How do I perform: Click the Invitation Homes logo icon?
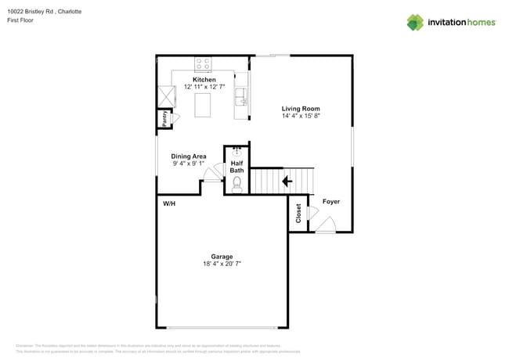pos(414,22)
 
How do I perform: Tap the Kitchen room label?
pos(204,80)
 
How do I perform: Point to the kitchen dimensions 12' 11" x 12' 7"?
pos(204,87)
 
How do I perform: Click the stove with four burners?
pos(203,63)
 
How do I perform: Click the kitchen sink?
pos(241,96)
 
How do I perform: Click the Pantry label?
pos(164,118)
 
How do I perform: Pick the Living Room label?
pos(301,109)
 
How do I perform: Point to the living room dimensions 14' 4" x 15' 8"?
pos(301,116)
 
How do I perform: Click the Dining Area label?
pos(188,157)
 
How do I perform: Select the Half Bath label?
pos(236,167)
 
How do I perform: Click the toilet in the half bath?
pos(236,185)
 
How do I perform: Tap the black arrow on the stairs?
pos(287,181)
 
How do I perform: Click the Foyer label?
pos(330,202)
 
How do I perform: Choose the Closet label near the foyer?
pos(298,213)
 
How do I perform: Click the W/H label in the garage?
pos(168,203)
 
